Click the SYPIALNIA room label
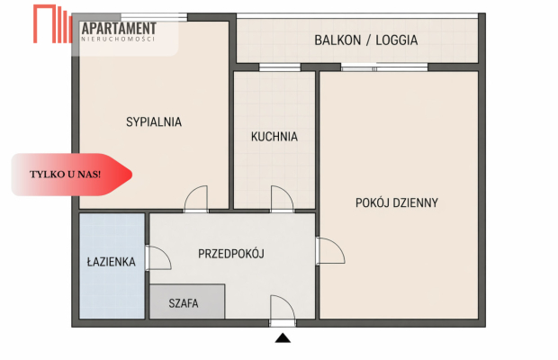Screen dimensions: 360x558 pos(154,121)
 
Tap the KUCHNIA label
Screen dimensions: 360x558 pos(274,138)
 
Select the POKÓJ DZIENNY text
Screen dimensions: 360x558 pos(397,202)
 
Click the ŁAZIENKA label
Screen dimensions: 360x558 pos(112,262)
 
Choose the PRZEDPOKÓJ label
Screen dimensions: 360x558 pos(231,254)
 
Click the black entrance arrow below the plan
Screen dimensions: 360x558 pos(283,338)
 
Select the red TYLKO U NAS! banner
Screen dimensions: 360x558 pos(72,174)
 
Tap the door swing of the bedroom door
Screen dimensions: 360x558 pos(195,199)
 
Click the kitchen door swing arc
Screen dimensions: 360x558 pos(282,199)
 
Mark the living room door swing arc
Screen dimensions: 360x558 pos(329,251)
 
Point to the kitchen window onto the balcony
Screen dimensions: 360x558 pos(274,67)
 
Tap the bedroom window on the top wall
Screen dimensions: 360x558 pos(154,17)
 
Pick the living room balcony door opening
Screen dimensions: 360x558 pos(372,67)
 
